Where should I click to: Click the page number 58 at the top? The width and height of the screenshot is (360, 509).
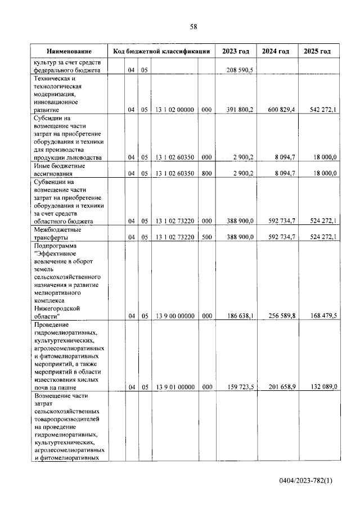coord(193,26)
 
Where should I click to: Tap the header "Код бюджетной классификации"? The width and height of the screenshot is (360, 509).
coord(161,51)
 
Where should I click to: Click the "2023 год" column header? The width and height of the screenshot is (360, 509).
coord(236,51)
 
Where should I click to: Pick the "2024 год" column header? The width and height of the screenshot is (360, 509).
coord(276,51)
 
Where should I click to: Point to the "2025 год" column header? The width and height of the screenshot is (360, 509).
coord(317,51)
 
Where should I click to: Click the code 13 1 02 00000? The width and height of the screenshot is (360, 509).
coord(174,110)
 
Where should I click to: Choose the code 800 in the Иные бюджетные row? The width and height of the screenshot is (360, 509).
coord(206,174)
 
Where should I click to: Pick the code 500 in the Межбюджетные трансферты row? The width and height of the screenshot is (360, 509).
coord(206,237)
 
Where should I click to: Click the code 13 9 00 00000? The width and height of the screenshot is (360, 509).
coord(174,317)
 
